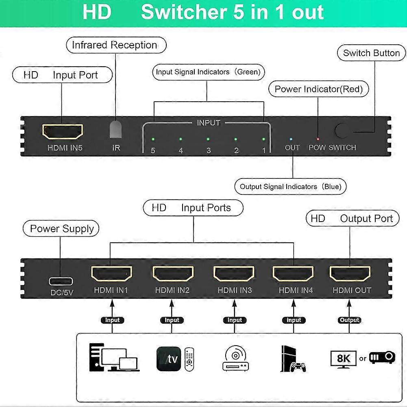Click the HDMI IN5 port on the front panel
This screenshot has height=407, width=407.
coord(63,132)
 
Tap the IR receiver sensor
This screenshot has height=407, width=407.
coord(116,130)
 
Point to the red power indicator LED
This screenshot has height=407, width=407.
coord(318,139)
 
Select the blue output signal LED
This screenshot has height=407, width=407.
coord(291,139)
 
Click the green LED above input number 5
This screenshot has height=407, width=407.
coord(153,139)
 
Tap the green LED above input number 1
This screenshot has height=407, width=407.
coord(263,139)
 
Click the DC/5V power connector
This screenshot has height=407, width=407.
coord(61,281)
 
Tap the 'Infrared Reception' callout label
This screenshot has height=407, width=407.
coord(116,45)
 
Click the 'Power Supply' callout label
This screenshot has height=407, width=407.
coord(62,229)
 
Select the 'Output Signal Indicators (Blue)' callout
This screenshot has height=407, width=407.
coord(290,187)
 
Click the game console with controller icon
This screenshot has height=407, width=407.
coord(292,359)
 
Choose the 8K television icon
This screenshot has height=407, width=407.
coord(344,359)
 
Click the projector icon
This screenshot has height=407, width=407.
coord(382,358)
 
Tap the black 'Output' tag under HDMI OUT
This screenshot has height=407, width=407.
coord(350,320)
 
